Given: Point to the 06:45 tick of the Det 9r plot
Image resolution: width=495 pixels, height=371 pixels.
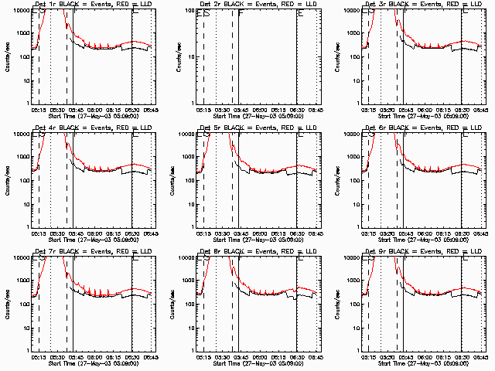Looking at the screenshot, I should (x=480, y=356).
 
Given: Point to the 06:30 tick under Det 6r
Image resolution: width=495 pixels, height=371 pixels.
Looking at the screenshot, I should (x=461, y=232).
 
